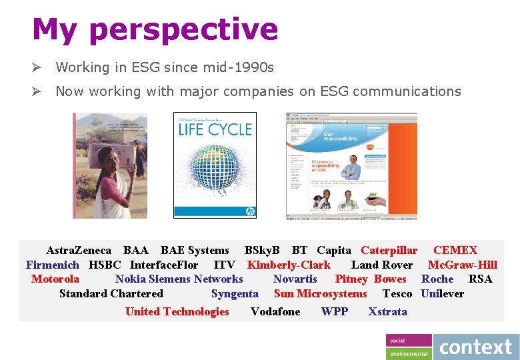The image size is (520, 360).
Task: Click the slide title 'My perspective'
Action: (x=155, y=29)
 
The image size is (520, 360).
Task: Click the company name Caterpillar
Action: (x=389, y=251)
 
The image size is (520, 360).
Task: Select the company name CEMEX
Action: (x=455, y=251)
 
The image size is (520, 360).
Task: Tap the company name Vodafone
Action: (x=275, y=311)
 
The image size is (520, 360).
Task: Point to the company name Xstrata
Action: (x=387, y=311)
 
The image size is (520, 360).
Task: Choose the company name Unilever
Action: (x=442, y=293)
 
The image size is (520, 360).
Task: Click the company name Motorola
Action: (x=55, y=279)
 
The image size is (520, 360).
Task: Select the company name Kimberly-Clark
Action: (x=289, y=265)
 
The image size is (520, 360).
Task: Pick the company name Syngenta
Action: (x=235, y=293)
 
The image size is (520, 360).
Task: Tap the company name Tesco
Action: (x=397, y=293)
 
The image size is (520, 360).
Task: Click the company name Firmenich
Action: (x=53, y=265)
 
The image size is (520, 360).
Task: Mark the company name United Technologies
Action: (x=177, y=311)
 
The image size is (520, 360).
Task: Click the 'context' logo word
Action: (x=476, y=347)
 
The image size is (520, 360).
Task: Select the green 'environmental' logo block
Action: (x=409, y=353)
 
